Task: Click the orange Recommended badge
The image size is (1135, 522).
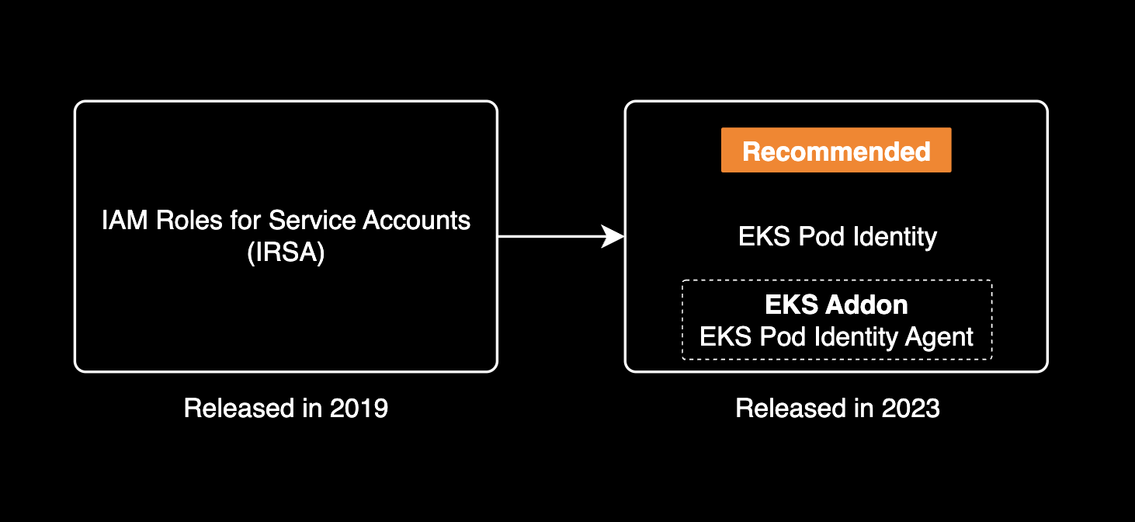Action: [x=836, y=151]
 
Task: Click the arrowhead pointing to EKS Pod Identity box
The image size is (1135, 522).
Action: [x=614, y=237]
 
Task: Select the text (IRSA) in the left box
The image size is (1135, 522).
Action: [x=286, y=254]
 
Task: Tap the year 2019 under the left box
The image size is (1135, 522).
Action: [x=359, y=408]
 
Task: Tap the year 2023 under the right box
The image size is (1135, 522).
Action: [x=911, y=408]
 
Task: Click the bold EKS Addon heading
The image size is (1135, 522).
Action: [x=836, y=304]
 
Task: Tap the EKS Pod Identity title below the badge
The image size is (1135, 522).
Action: [x=838, y=237]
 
